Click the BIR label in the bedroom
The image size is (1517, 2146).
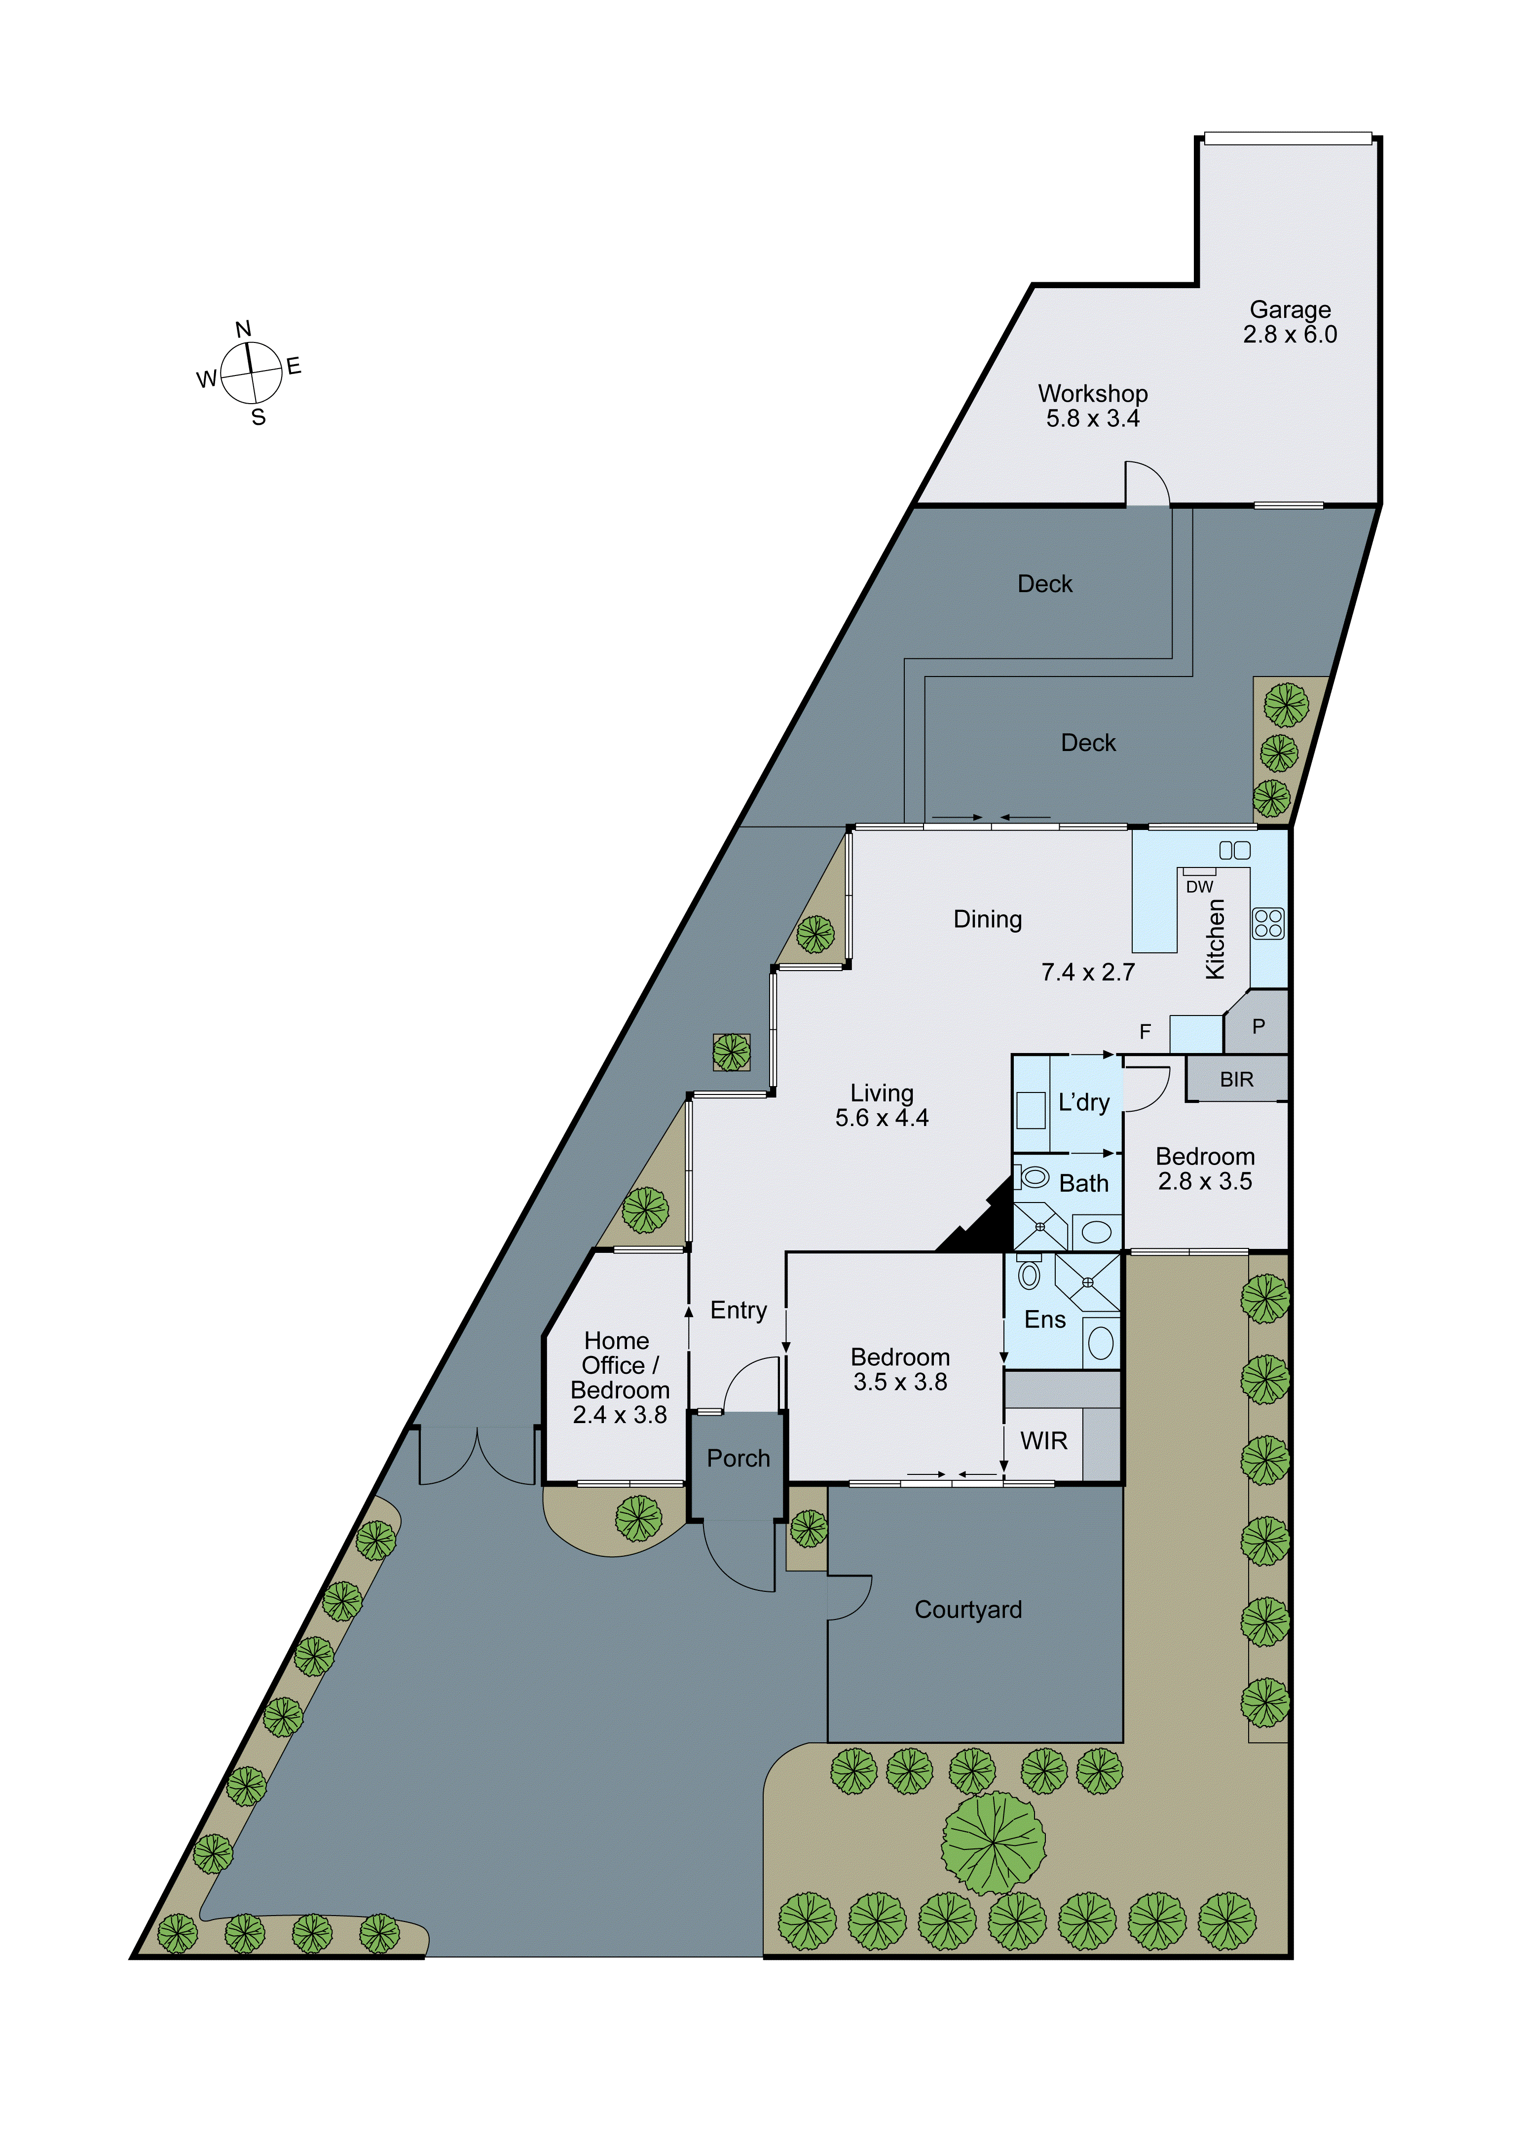point(1236,1080)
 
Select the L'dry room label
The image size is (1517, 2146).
point(1083,1103)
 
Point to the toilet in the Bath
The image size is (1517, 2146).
point(1033,1177)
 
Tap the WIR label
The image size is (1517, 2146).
point(1043,1440)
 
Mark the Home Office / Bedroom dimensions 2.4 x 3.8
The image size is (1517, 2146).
point(620,1415)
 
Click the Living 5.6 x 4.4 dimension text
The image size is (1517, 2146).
point(882,1118)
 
